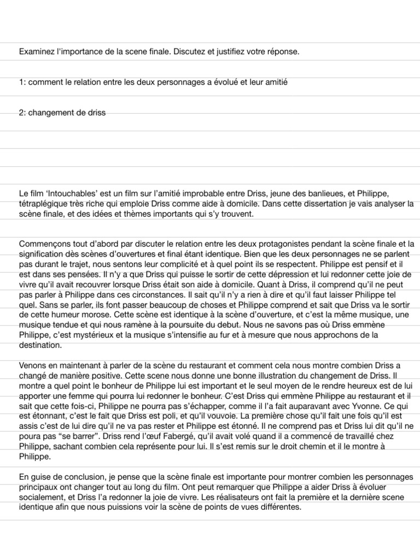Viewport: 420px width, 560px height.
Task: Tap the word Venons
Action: click(x=32, y=366)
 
